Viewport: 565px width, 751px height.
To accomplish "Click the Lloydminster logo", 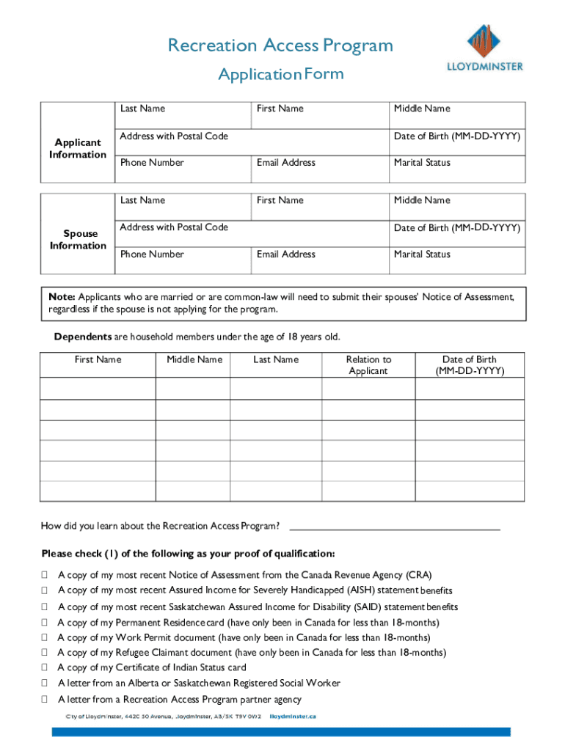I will coord(485,47).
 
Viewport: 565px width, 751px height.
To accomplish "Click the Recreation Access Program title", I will coord(280,45).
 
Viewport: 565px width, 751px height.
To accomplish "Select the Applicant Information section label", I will coord(78,148).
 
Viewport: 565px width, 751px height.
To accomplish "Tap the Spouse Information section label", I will coord(78,240).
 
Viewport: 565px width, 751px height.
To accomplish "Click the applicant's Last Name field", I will coord(182,116).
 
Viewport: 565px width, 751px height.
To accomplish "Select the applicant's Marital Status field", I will coord(456,169).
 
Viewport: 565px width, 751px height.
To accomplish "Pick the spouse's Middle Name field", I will coord(456,207).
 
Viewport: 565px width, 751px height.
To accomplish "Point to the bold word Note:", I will coord(62,297).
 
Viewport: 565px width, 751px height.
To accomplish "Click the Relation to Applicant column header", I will coord(368,365).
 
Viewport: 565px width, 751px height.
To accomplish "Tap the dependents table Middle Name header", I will coord(194,359).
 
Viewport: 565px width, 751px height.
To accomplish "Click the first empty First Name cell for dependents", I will coord(98,387).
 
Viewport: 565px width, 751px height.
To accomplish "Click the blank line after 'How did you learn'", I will coord(395,526).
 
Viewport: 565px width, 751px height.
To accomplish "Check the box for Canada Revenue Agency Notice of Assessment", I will coord(45,575).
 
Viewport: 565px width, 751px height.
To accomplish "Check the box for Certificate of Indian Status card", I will coord(45,667).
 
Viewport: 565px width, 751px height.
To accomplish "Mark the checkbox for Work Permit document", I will coord(45,637).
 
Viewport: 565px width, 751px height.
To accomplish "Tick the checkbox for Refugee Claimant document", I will coord(45,652).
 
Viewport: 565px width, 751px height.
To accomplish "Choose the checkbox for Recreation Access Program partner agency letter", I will coord(45,699).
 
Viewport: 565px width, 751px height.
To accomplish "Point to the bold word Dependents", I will coord(82,337).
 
